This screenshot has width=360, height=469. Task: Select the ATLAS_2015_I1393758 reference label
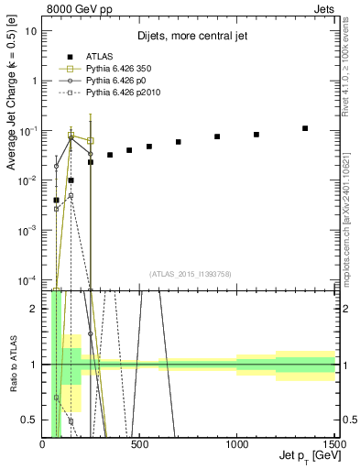point(189,273)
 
